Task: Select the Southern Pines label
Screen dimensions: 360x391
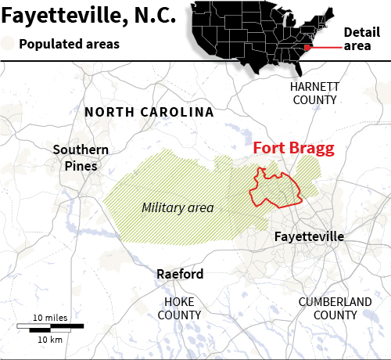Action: (75, 157)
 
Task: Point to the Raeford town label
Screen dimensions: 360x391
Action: (180, 274)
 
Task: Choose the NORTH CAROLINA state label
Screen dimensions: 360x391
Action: (149, 112)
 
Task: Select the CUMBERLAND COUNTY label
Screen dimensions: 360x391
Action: (335, 308)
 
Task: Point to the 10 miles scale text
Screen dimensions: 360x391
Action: (49, 317)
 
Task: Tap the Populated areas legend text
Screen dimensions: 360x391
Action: (69, 44)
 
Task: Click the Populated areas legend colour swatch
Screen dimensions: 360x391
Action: (8, 44)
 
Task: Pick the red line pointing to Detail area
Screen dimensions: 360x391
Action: (325, 47)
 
